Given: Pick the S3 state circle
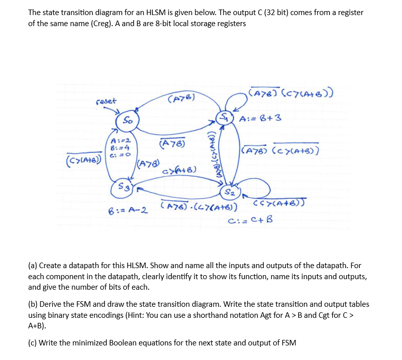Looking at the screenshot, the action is coord(123,188).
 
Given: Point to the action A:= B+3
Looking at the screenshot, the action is coord(261,119).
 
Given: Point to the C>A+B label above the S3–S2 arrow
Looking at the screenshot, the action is coord(179,171).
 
